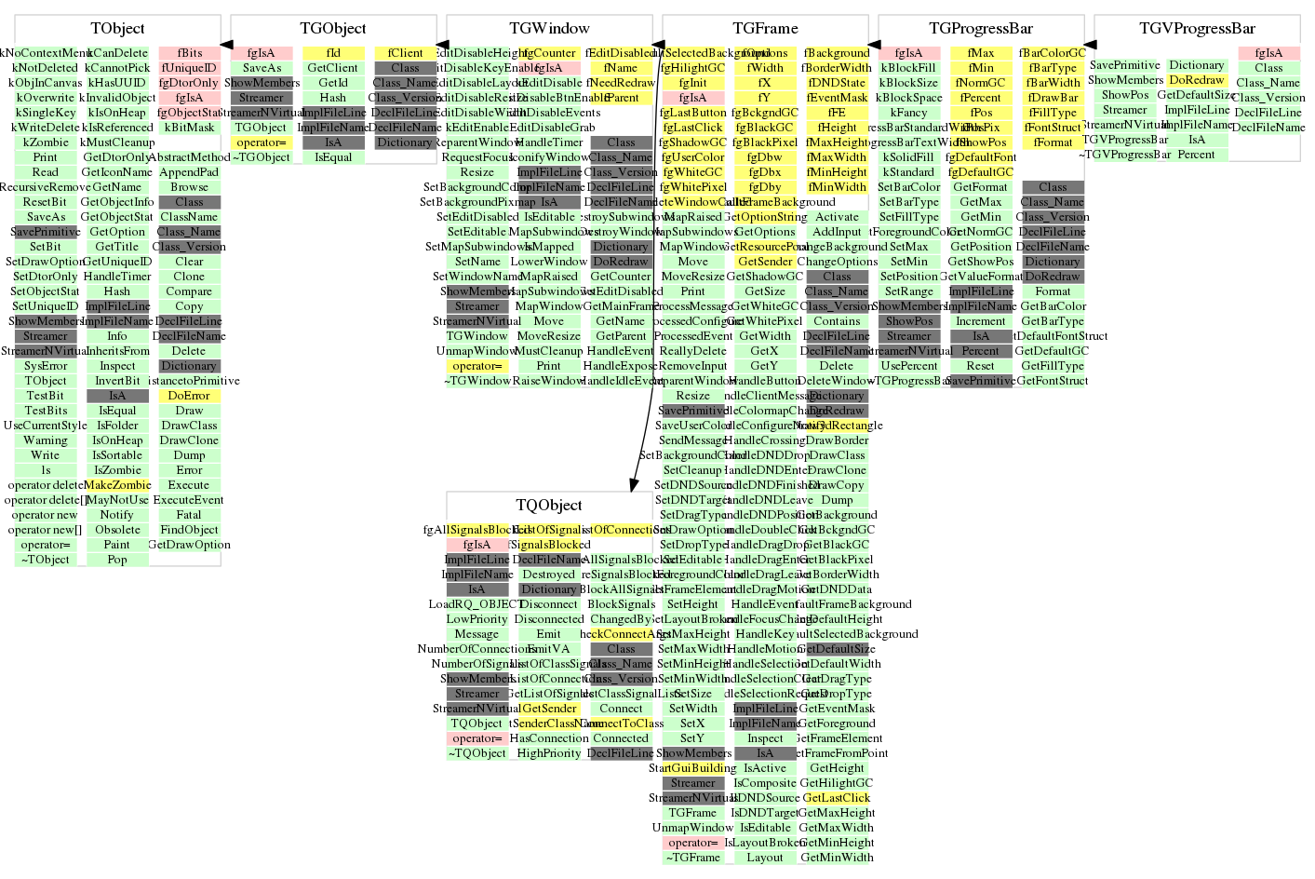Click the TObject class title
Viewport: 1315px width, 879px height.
tap(118, 29)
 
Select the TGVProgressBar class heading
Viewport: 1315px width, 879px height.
tap(1197, 29)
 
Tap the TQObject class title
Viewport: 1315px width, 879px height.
tap(549, 506)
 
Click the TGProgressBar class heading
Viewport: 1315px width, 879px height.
tap(981, 29)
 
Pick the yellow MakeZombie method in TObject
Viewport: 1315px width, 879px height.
tap(117, 485)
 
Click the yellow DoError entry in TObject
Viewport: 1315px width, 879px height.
tap(189, 396)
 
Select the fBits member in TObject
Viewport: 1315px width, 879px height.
tap(190, 53)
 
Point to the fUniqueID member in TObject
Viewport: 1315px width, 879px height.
tap(189, 68)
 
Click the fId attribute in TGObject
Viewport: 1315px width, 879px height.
tap(333, 53)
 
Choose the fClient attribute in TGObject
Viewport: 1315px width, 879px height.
tap(405, 53)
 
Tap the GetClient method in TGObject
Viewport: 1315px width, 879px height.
tap(333, 68)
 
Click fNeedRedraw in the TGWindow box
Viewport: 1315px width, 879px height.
tap(622, 83)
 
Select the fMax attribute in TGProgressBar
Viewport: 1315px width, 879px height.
tap(981, 53)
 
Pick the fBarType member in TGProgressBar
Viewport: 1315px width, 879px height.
tap(1053, 68)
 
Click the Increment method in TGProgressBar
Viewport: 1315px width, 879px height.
tap(981, 321)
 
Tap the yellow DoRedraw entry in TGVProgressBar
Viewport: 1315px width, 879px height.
tap(1197, 80)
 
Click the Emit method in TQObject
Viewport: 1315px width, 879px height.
tap(549, 634)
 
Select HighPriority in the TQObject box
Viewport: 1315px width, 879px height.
tap(549, 753)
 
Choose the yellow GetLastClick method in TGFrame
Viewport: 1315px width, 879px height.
tap(837, 798)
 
